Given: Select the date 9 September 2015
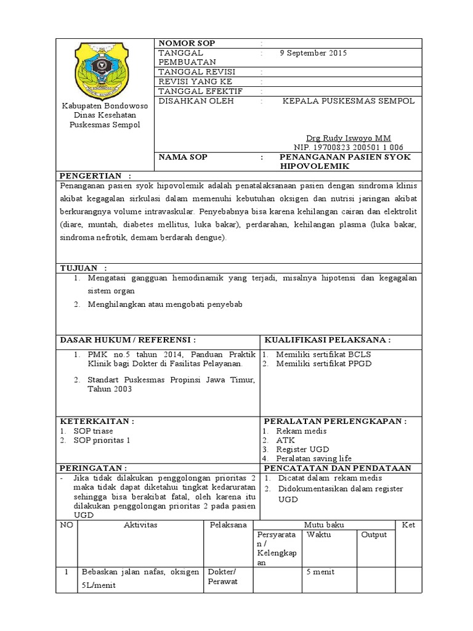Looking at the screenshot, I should point(313,53).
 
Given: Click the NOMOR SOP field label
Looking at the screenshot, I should point(187,43).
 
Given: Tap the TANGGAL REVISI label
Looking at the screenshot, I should point(196,72).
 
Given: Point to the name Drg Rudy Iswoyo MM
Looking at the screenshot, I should point(348,137).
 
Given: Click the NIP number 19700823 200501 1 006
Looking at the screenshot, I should point(348,147).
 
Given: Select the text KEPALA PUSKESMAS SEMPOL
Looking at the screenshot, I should point(348,100).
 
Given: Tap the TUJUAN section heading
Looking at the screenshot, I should point(83,268).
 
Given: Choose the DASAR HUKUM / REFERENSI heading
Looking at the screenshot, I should point(128,340).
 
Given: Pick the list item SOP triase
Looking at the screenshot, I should point(93,431).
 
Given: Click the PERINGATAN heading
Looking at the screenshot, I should point(93,468).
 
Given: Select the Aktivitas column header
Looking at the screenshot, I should point(141,524).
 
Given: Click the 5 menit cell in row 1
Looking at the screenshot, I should point(320,572).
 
